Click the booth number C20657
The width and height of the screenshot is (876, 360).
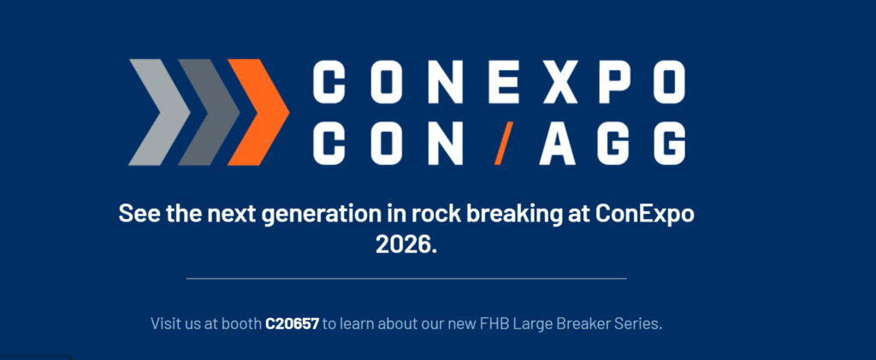293,324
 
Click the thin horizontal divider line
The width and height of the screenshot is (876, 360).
406,278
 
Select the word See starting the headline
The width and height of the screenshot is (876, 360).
139,215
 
